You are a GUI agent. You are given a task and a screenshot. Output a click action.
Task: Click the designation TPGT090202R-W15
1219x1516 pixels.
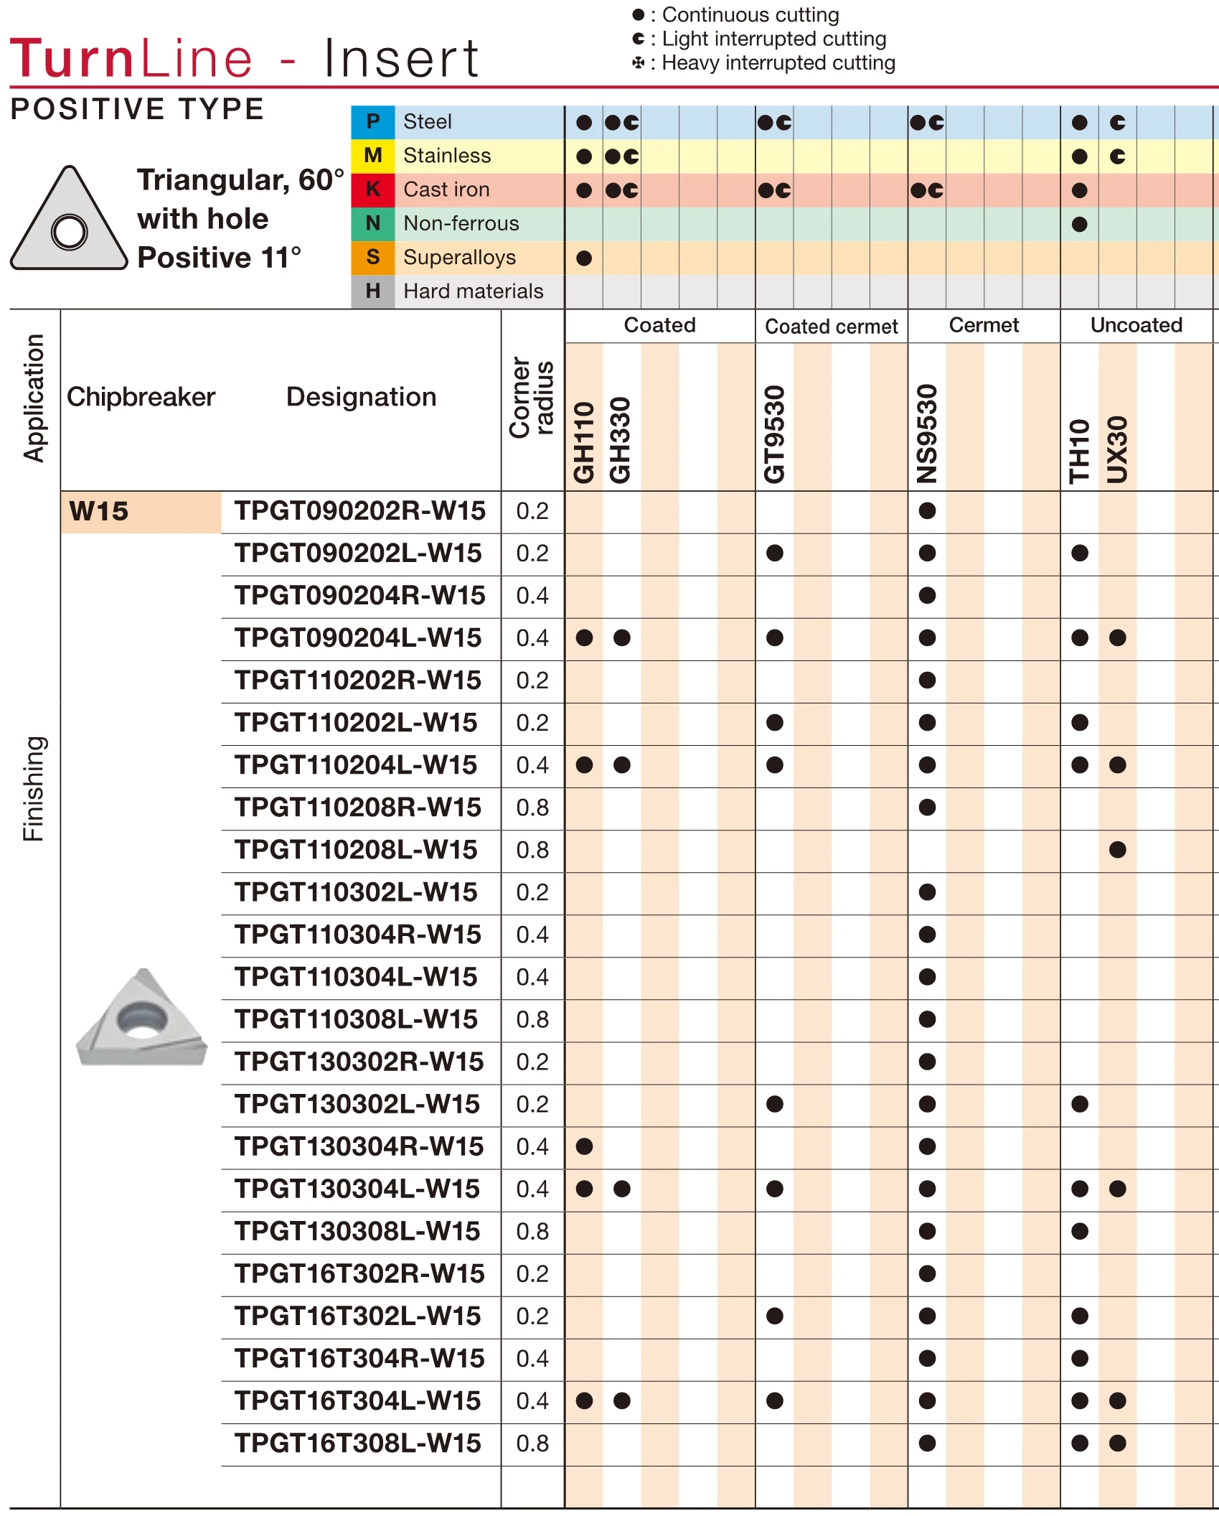point(359,511)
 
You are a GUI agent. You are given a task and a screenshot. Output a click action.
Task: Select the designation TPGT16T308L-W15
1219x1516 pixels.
point(357,1443)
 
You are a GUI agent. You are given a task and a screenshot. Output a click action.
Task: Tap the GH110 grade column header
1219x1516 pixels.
point(584,442)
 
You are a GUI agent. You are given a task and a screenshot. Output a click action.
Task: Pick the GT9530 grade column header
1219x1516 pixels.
point(774,434)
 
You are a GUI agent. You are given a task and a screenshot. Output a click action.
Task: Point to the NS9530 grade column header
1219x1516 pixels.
point(927,434)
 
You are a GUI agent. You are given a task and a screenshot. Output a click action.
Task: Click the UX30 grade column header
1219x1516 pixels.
point(1117,449)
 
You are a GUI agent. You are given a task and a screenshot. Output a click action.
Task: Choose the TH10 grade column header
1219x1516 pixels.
point(1079,451)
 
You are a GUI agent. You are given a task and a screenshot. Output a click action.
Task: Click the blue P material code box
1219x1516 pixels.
point(372,122)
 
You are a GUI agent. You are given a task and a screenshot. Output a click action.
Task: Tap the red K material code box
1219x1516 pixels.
point(372,189)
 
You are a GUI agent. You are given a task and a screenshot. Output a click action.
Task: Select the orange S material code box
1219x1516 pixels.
point(372,257)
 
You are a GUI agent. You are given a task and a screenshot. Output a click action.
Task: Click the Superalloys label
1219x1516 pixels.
point(459,257)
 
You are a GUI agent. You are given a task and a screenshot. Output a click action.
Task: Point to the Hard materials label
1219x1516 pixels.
point(473,291)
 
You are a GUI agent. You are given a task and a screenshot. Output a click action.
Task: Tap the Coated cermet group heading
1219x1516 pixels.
point(831,327)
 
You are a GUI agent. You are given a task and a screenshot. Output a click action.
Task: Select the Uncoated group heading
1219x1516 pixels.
point(1136,325)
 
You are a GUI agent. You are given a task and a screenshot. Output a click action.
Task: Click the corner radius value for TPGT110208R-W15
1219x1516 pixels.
point(532,808)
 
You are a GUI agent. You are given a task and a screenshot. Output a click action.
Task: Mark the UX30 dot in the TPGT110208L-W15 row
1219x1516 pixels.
point(1117,850)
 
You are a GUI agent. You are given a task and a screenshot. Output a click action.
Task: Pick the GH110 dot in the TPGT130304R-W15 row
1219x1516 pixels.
point(584,1146)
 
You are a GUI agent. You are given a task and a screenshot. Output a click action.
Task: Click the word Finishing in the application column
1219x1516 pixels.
point(34,788)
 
